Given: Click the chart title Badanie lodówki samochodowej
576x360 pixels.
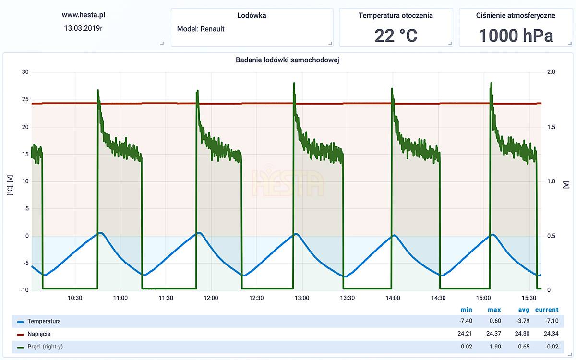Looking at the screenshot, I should pyautogui.click(x=288, y=60).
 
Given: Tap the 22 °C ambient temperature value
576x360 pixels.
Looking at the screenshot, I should pyautogui.click(x=396, y=36).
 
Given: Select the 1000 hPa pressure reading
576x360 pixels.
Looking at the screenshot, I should pyautogui.click(x=516, y=36).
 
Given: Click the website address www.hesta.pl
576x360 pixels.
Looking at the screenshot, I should pyautogui.click(x=84, y=15).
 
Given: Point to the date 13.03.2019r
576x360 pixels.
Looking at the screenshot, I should pyautogui.click(x=84, y=28).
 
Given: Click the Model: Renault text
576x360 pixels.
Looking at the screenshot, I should pyautogui.click(x=201, y=29).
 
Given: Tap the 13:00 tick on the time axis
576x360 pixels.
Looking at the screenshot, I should pyautogui.click(x=302, y=298).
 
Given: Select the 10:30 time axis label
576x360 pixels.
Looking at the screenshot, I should pyautogui.click(x=75, y=298).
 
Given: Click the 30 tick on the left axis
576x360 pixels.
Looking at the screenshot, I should pyautogui.click(x=25, y=72).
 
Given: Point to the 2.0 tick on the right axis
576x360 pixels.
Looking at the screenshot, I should pyautogui.click(x=551, y=72).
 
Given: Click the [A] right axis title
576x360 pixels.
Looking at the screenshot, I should pyautogui.click(x=566, y=184).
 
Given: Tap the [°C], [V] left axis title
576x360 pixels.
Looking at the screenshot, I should pyautogui.click(x=10, y=184).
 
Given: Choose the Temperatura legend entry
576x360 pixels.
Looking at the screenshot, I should pyautogui.click(x=44, y=321).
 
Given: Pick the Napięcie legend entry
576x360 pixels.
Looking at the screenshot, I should pyautogui.click(x=39, y=334).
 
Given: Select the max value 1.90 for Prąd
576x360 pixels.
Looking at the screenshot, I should pyautogui.click(x=494, y=347).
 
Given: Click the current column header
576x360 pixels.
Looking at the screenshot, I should pyautogui.click(x=547, y=310).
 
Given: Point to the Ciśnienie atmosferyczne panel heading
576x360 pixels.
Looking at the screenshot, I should pyautogui.click(x=516, y=15).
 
